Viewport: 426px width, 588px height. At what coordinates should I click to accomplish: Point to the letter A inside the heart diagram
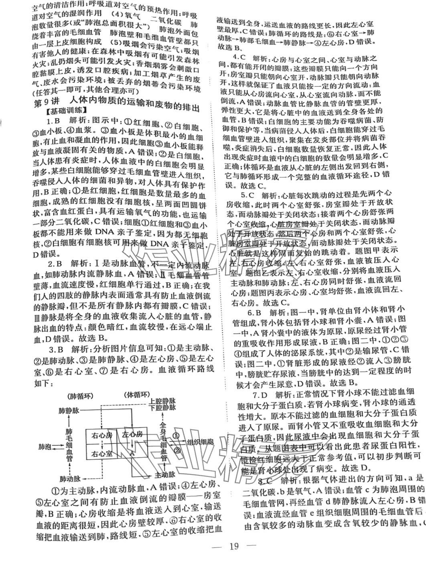click(x=131, y=452)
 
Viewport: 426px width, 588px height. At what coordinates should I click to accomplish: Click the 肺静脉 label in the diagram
click(x=69, y=411)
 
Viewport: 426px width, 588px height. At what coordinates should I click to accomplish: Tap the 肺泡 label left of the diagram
click(x=44, y=446)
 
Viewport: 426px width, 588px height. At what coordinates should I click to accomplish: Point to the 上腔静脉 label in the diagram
click(x=162, y=401)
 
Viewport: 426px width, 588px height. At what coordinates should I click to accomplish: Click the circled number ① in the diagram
click(x=176, y=434)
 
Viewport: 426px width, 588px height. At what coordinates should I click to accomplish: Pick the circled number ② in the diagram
click(x=177, y=450)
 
